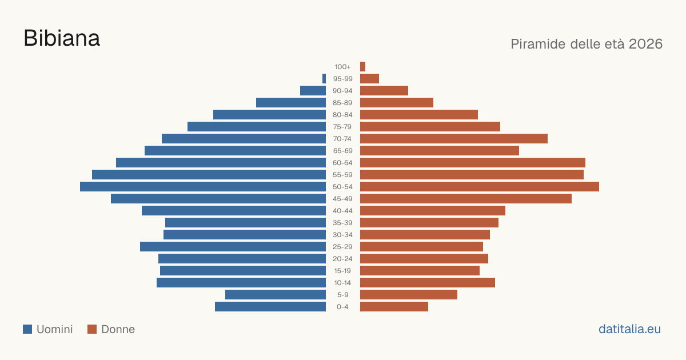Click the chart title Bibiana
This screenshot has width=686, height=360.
[62, 39]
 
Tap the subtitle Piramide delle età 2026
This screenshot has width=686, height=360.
[587, 44]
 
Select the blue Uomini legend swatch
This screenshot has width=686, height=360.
[27, 329]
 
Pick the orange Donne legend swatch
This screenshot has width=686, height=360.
[92, 329]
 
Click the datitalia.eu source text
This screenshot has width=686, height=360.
[629, 329]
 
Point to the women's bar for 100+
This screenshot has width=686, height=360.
[362, 66]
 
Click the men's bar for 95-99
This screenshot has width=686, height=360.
[324, 78]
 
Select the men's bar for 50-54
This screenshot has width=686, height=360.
[203, 186]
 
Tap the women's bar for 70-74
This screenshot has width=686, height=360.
[454, 138]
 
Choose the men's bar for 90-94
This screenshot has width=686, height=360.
[313, 91]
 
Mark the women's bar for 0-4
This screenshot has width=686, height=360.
[394, 306]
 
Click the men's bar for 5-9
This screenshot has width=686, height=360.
[276, 294]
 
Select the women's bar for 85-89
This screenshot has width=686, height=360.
[397, 102]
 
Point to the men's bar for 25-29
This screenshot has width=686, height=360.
[233, 246]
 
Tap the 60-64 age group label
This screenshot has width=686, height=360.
[342, 162]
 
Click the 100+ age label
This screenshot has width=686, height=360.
[342, 67]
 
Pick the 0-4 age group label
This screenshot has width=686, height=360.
[342, 307]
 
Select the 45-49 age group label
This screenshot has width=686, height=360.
[342, 199]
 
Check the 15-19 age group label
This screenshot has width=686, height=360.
[342, 271]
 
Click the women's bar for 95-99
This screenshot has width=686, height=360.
[370, 78]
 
